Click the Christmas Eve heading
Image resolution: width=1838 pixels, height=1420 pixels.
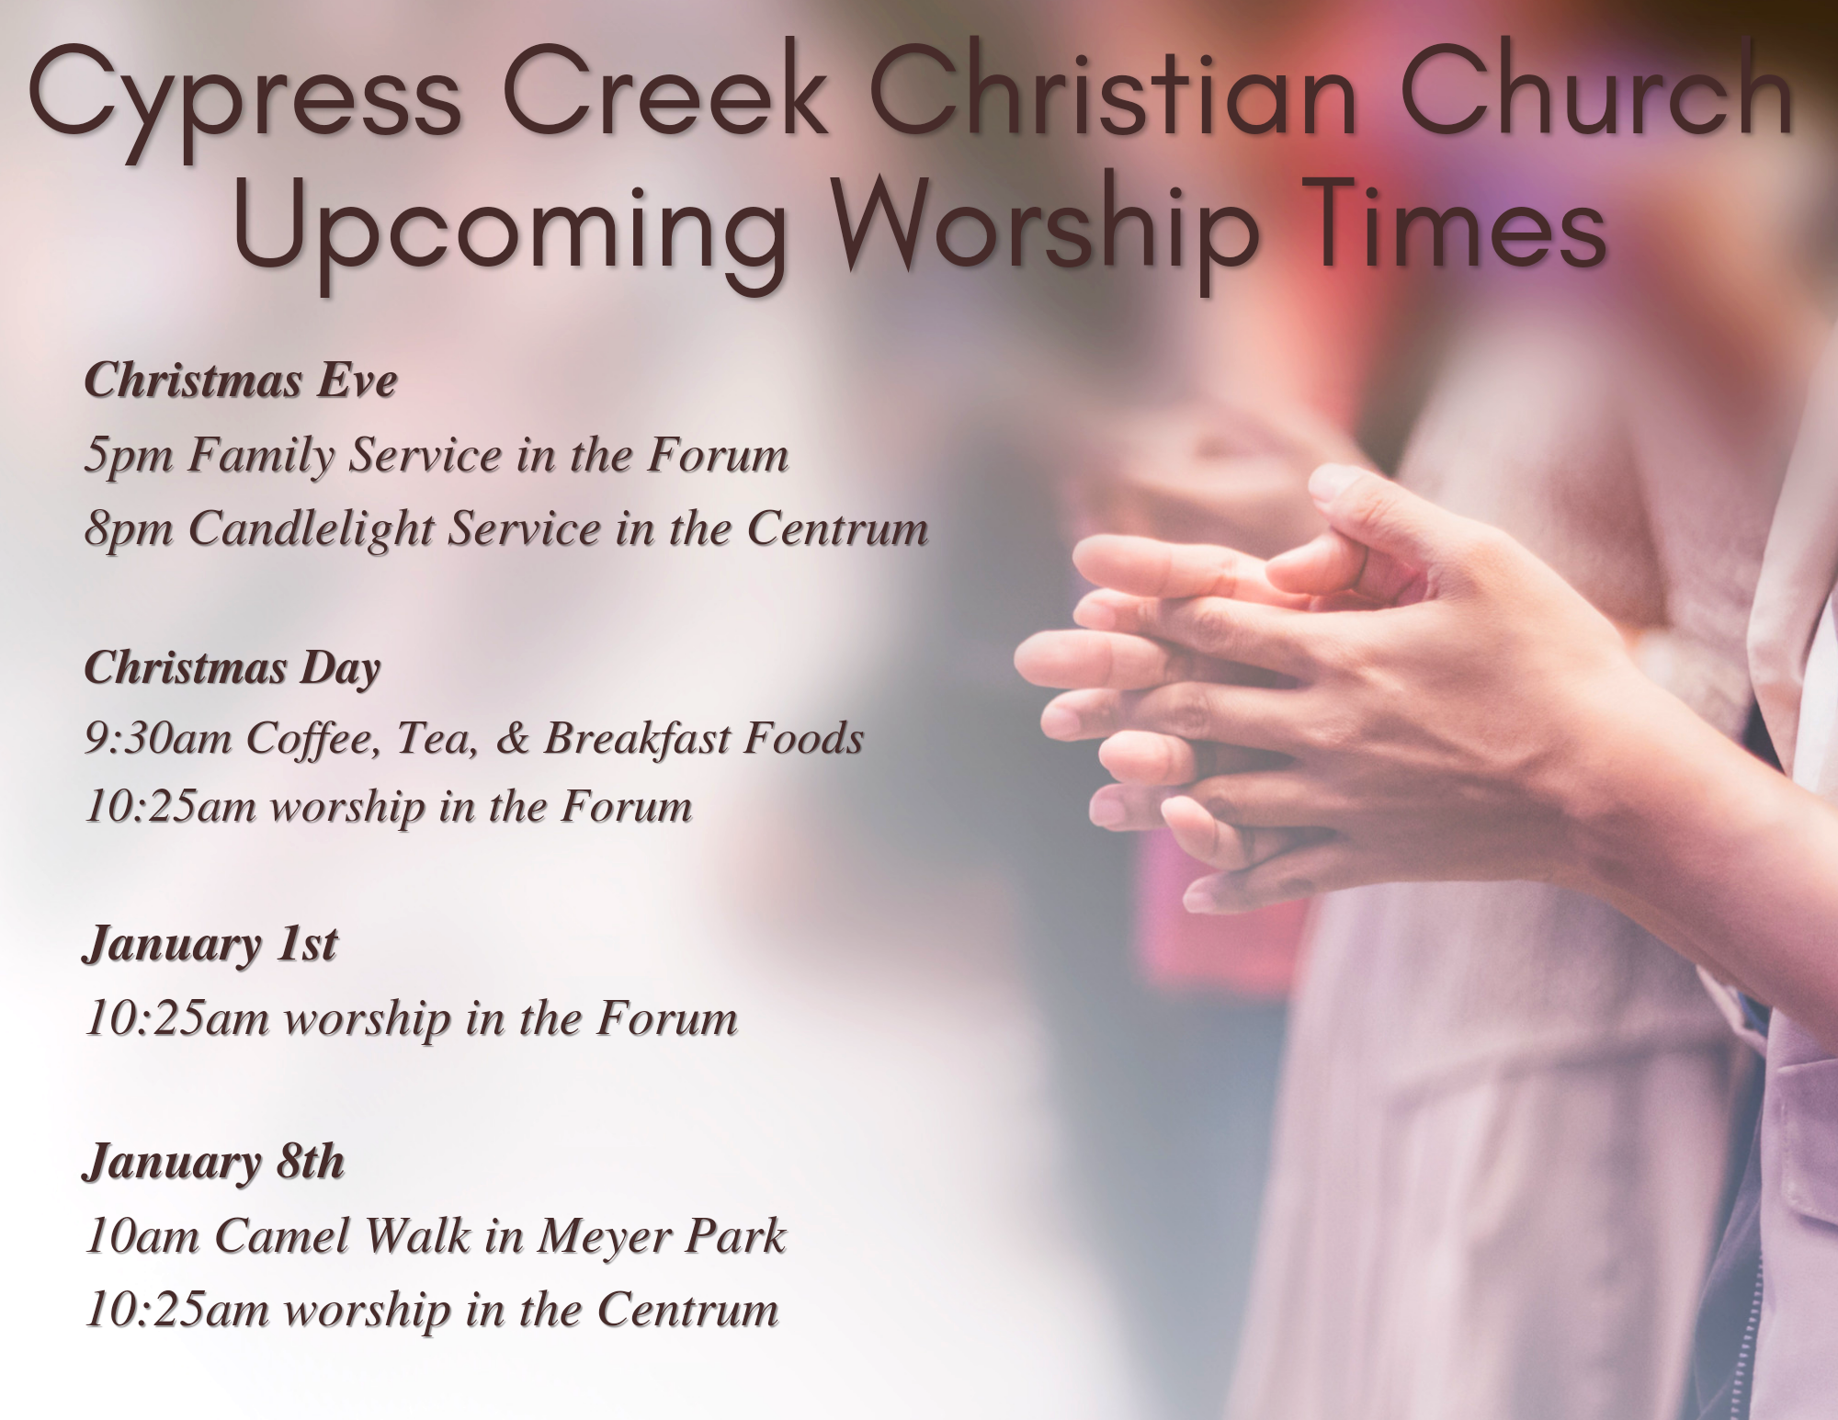[x=241, y=380]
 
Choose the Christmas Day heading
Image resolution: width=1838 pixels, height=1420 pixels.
[x=233, y=668]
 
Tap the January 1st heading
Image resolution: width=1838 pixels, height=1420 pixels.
[x=210, y=945]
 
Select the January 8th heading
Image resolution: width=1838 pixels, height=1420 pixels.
[x=214, y=1162]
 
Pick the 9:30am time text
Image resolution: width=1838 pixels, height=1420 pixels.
[x=158, y=738]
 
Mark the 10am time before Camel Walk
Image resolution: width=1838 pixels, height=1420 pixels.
[x=142, y=1236]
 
